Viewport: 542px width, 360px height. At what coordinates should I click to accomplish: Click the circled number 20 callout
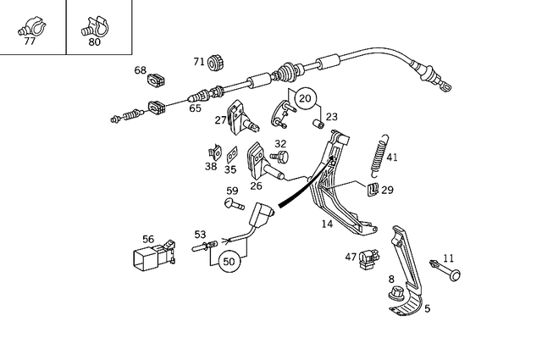tap(305, 99)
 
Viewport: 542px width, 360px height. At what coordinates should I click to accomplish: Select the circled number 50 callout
tap(229, 262)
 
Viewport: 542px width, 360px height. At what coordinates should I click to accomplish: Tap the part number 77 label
tap(30, 40)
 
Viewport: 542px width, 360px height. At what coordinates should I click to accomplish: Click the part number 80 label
tap(95, 40)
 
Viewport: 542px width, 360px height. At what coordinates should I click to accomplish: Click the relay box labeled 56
tap(153, 257)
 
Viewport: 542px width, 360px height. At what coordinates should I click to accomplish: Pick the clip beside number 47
tap(367, 258)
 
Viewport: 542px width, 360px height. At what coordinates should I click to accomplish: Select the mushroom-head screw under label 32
tap(279, 157)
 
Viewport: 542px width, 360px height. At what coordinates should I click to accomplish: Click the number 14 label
tap(327, 224)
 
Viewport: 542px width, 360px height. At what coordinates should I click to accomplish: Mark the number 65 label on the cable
tap(195, 108)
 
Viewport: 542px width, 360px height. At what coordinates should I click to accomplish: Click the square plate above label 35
tap(230, 153)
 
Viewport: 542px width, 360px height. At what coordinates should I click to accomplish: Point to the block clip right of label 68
tap(157, 80)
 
